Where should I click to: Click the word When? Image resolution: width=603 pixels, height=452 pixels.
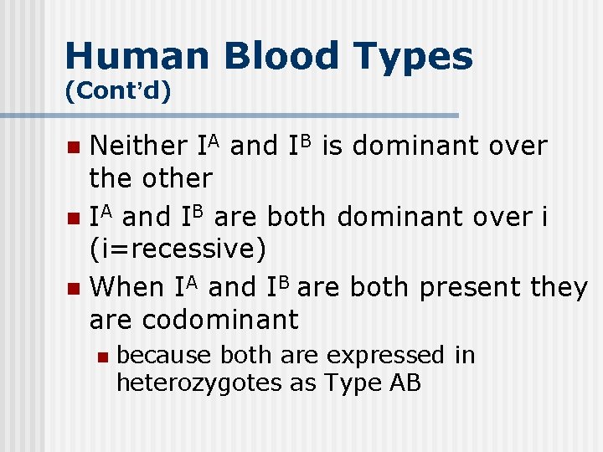coord(127,287)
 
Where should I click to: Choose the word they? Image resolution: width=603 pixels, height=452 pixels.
coord(559,287)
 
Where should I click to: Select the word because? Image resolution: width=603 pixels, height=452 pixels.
coord(164,356)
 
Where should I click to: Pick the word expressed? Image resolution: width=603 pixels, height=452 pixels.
coord(386,356)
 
